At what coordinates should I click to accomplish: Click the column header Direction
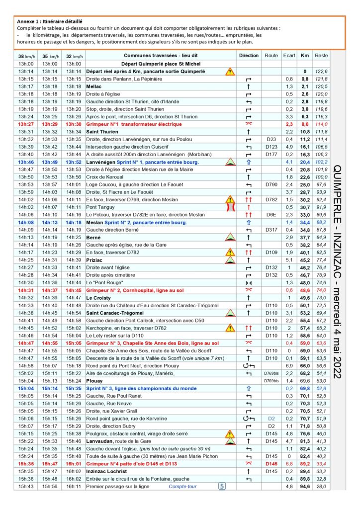(x=249, y=56)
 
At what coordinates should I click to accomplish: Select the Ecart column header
(x=289, y=56)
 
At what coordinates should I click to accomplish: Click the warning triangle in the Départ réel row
(x=229, y=72)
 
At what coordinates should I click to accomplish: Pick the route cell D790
(x=271, y=184)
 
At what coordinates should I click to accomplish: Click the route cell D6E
(x=271, y=214)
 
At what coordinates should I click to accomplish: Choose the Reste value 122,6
(x=321, y=72)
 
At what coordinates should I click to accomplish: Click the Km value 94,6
(x=304, y=486)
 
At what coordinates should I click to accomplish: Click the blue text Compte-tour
(x=182, y=486)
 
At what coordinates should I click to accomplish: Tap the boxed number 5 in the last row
(x=222, y=486)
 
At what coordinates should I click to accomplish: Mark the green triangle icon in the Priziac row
(x=230, y=259)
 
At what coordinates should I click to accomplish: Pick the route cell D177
(x=271, y=154)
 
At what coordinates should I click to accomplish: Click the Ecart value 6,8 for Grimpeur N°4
(x=289, y=464)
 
